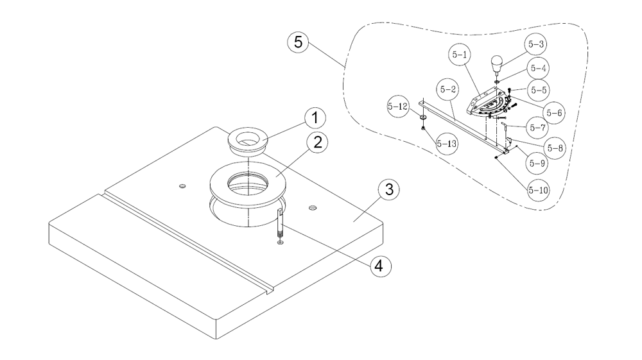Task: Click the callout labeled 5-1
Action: tap(460, 56)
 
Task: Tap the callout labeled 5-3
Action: tap(537, 44)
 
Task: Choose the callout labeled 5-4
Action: tap(537, 67)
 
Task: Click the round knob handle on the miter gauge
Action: tap(496, 64)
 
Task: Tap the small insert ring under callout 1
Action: tap(247, 140)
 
